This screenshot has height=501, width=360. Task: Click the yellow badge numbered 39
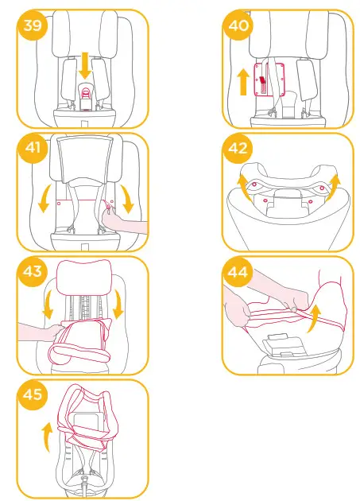pyautogui.click(x=34, y=25)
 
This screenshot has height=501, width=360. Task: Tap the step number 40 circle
pyautogui.click(x=238, y=25)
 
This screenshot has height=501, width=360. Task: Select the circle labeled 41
pyautogui.click(x=34, y=150)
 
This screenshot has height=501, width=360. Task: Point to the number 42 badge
pyautogui.click(x=238, y=150)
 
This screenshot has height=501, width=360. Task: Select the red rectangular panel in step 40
pyautogui.click(x=263, y=80)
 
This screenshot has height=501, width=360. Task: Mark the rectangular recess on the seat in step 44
pyautogui.click(x=280, y=347)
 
